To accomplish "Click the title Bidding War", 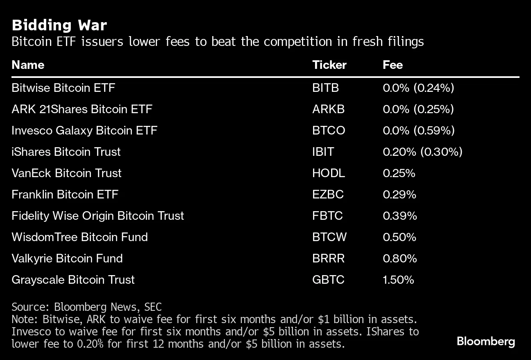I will point(59,25).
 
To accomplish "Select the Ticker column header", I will point(329,65).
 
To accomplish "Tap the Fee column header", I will point(393,65).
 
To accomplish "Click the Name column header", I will point(28,65).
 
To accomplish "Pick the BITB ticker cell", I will point(325,88).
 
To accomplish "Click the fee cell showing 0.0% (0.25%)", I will point(418,109).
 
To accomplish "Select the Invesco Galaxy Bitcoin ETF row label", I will point(84,130).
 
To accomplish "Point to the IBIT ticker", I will point(323,152).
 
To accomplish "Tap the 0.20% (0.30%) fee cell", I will point(422,152).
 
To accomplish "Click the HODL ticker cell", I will point(328,173).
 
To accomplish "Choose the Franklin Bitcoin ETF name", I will point(65,194).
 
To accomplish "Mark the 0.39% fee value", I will point(399,216).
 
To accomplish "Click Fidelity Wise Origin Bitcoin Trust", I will point(98,216).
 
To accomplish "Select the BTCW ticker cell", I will point(329,237).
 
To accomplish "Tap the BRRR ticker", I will point(328,258).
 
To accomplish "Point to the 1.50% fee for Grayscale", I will point(398,280).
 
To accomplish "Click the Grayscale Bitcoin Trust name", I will point(73,280).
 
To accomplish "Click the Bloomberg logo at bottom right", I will point(486,341).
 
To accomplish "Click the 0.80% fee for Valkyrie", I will point(399,258).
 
